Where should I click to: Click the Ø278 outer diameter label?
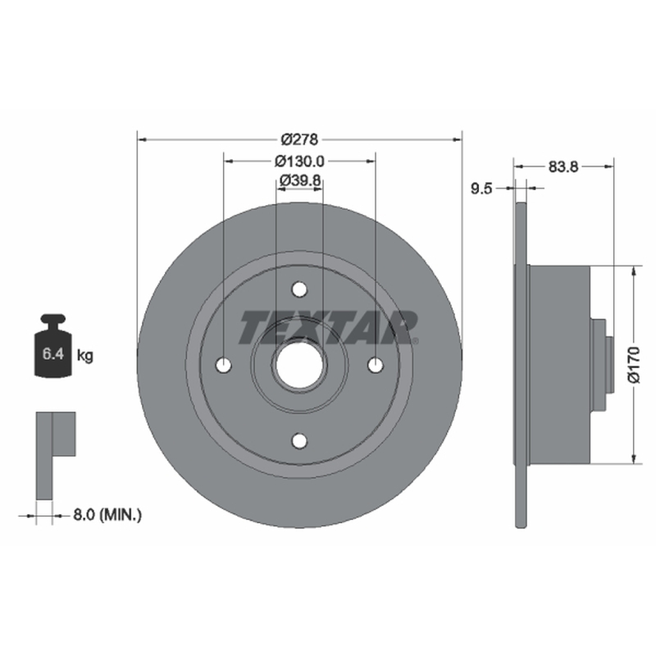coord(299,139)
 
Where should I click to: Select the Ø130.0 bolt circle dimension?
coord(299,161)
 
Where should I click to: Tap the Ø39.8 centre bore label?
coord(300,180)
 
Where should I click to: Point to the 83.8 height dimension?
coord(563,166)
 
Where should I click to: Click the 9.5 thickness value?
coord(481,189)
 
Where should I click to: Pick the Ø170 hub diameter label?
coord(634,364)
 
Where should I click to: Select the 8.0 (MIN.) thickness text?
coord(107,515)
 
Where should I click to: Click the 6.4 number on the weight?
coord(53,354)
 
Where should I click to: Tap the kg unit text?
coord(85,356)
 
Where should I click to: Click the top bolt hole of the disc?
coord(299,289)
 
